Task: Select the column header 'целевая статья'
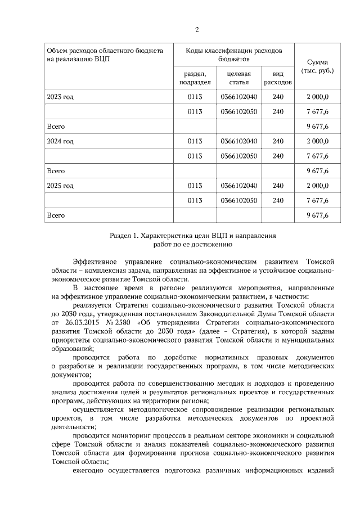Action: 238,78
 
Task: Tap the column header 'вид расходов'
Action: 277,78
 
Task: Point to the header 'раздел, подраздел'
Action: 195,78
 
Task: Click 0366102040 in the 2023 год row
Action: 239,97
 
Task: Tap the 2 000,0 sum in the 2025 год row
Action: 317,186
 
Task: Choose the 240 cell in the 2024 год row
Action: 277,141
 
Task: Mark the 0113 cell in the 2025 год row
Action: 195,186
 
